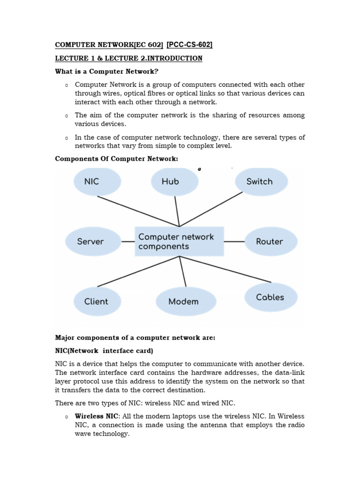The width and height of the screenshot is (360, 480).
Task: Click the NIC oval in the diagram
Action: (97, 181)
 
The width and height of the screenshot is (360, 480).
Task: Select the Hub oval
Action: (174, 181)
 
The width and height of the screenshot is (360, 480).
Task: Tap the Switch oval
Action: (261, 181)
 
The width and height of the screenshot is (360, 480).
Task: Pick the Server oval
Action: (92, 241)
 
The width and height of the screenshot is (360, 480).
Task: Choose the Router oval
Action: (270, 241)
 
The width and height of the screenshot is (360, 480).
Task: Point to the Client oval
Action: (97, 301)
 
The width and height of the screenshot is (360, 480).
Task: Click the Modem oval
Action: (185, 301)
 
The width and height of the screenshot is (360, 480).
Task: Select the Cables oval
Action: (270, 297)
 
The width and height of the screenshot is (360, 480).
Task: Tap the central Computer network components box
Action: (179, 241)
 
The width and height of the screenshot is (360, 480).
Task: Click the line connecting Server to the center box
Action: (128, 241)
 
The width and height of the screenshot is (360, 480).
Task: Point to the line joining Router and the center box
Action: (234, 241)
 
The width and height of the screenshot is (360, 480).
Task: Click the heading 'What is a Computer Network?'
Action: (99, 71)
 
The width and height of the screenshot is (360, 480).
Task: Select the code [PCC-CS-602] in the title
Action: (189, 45)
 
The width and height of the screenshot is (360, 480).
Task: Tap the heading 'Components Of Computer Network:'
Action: (117, 159)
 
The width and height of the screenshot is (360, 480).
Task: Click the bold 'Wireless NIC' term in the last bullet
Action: (97, 416)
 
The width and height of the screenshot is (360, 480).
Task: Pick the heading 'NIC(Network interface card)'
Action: (104, 351)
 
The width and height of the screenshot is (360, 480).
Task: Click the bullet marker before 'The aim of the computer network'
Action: (67, 116)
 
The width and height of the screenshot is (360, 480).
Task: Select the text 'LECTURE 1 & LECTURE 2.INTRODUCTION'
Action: (129, 58)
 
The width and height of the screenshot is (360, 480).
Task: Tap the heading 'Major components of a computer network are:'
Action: (135, 337)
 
